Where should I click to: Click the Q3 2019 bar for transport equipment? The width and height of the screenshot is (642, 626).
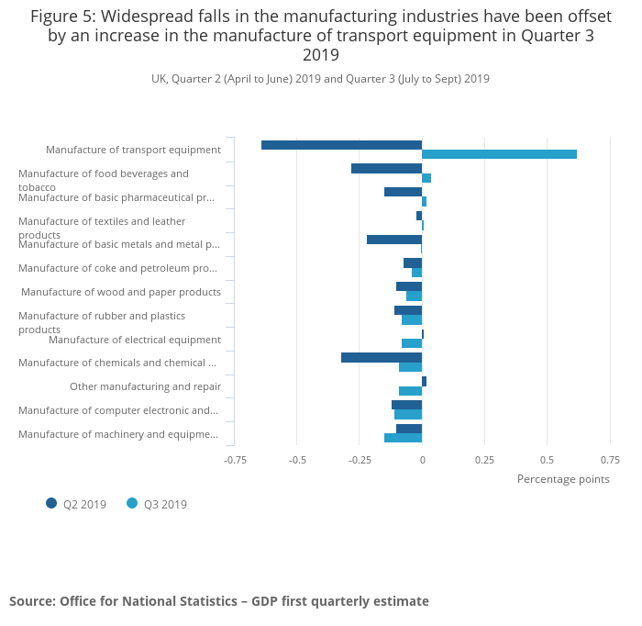click(499, 154)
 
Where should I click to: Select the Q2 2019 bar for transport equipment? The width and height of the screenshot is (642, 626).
click(341, 145)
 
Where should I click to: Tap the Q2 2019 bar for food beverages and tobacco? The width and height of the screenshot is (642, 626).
click(386, 168)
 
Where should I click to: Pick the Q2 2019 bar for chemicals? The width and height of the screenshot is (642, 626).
click(382, 357)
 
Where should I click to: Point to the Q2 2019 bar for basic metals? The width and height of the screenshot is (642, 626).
click(394, 240)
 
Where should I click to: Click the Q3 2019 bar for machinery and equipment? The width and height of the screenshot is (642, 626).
click(403, 438)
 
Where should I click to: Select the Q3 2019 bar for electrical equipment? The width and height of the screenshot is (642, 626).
click(412, 343)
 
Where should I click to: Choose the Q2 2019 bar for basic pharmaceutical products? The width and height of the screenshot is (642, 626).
click(403, 192)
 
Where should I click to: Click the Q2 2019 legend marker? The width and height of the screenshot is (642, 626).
click(51, 503)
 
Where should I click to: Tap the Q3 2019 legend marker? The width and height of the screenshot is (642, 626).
click(132, 503)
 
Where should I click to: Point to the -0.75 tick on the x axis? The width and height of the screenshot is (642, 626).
click(236, 460)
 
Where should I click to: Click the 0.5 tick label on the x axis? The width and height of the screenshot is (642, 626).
click(547, 460)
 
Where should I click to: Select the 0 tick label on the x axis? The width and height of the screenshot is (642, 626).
click(422, 460)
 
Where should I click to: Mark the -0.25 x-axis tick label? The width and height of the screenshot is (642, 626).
click(359, 460)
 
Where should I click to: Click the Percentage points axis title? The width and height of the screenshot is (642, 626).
click(563, 479)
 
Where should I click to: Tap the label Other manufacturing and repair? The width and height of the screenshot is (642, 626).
click(145, 386)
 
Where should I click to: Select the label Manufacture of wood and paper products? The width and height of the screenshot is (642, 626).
click(121, 292)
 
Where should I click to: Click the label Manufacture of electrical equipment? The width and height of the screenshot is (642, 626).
click(135, 340)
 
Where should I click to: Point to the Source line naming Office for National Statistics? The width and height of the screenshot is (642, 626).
click(219, 601)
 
